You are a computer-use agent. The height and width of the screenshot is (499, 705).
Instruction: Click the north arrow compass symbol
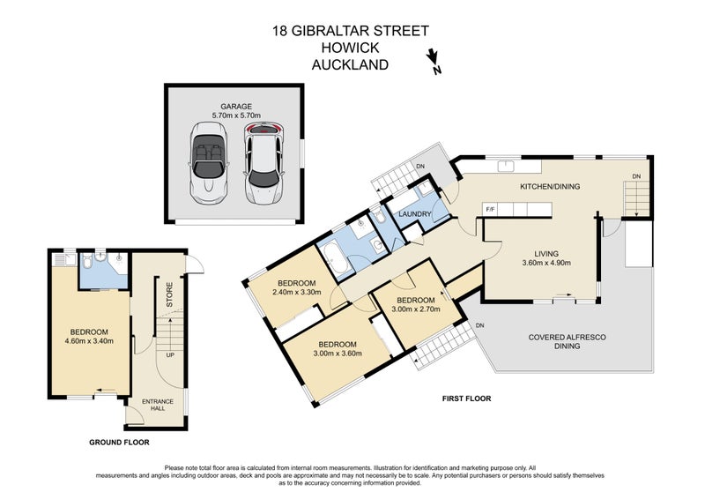coord(434,61)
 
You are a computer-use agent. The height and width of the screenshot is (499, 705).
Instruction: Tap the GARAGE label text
coord(236,107)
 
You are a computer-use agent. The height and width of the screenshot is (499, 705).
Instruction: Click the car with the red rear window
coord(264,162)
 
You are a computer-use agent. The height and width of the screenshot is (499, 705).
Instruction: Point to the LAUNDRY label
coord(415,214)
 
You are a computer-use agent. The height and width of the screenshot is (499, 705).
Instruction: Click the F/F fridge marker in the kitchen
coord(489,209)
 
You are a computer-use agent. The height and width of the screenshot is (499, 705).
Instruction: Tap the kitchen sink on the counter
coord(506,166)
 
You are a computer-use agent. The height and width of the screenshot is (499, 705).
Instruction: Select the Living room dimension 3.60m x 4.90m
coord(546,263)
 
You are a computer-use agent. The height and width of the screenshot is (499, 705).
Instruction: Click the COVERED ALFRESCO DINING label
coord(567,341)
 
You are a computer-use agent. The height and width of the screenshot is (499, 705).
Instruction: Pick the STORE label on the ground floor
coord(169,294)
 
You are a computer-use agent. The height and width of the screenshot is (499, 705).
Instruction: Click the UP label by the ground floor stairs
coord(170,355)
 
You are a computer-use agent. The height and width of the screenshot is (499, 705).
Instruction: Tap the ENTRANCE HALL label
coord(158,405)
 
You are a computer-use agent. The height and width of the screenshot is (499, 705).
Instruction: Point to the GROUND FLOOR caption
coord(119,443)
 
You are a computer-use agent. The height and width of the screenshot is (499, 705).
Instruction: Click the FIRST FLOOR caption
coord(467,398)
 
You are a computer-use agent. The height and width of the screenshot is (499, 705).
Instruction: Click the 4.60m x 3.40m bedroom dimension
coord(89,341)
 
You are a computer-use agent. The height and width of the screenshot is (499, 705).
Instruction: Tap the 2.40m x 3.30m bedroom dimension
coord(297,292)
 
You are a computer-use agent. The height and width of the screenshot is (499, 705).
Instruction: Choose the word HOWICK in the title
coord(350,48)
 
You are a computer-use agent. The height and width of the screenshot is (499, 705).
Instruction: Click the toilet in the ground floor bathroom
coord(87,260)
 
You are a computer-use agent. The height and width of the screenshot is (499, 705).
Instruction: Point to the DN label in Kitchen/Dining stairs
coord(636,176)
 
